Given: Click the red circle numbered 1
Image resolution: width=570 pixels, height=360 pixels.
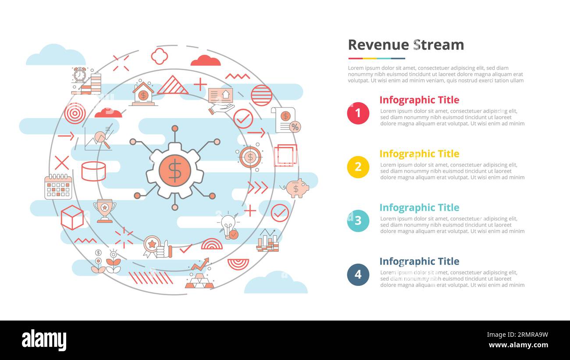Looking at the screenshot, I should pyautogui.click(x=358, y=113).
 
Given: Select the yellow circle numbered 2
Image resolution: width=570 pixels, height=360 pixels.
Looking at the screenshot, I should pyautogui.click(x=358, y=167).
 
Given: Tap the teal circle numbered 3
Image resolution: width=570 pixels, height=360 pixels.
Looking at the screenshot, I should pyautogui.click(x=358, y=221).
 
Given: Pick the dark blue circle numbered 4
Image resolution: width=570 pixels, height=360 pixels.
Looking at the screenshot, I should pyautogui.click(x=358, y=274).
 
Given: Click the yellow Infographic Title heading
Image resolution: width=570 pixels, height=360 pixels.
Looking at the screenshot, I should pyautogui.click(x=419, y=154).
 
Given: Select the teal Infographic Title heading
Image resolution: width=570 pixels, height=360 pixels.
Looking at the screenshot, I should pyautogui.click(x=419, y=207).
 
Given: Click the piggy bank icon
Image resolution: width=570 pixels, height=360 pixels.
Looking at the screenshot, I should pyautogui.click(x=297, y=188).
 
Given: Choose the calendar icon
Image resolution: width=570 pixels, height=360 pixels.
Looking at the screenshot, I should pyautogui.click(x=58, y=187).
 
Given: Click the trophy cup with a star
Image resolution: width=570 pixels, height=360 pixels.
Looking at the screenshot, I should pyautogui.click(x=104, y=210).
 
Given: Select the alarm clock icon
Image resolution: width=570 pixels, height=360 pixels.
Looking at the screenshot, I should pyautogui.click(x=80, y=75).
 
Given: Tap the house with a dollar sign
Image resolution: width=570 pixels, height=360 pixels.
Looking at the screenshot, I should pyautogui.click(x=143, y=93).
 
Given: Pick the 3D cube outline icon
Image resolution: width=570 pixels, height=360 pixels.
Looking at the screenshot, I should pyautogui.click(x=72, y=217).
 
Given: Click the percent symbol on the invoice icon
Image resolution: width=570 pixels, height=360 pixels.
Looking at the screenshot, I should pyautogui.click(x=295, y=127).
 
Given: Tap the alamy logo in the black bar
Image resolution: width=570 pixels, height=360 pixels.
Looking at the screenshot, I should pyautogui.click(x=44, y=340).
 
